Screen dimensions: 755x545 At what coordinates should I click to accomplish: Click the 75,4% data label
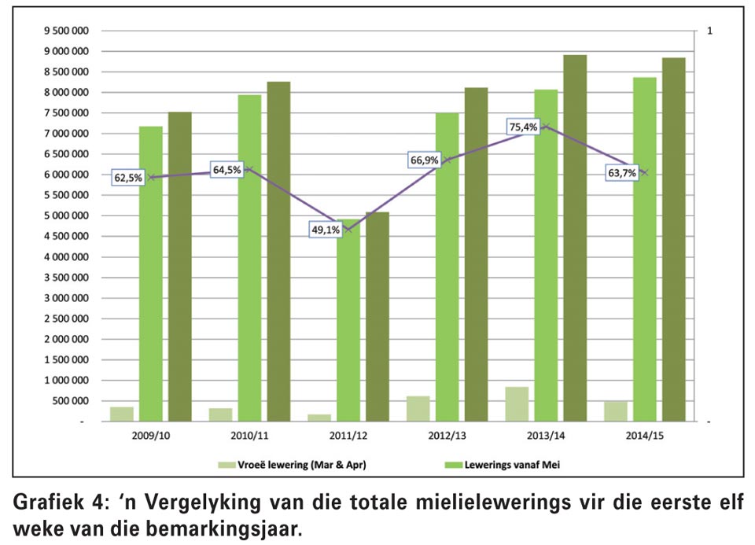coord(524,127)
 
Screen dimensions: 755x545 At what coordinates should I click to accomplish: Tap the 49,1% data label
coord(326,230)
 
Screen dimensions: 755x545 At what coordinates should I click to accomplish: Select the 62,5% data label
coord(128,178)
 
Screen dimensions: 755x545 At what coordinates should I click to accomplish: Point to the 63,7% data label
coord(622,173)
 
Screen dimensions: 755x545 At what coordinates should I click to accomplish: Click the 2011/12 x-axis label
coord(348,436)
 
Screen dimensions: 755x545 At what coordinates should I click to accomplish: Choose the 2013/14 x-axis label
coord(546,436)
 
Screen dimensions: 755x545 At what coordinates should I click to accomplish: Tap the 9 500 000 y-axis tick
coord(66,31)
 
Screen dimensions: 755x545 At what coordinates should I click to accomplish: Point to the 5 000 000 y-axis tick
coord(66,215)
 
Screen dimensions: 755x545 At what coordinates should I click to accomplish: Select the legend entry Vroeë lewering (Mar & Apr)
coord(292,465)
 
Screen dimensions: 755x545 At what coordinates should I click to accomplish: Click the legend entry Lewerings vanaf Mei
coord(503,465)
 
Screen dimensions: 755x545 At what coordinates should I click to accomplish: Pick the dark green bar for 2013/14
coord(576,238)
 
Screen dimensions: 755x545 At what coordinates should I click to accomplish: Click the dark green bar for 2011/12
coord(377,317)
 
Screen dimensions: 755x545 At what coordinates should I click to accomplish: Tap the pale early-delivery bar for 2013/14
coord(517,404)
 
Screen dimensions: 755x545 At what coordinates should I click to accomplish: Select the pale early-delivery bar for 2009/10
coord(122,414)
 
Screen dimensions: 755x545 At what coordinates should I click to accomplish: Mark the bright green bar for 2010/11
coord(249,258)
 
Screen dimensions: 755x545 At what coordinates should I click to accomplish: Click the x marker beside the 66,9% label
coord(447,160)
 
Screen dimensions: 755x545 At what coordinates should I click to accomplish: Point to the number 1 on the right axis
coord(709,31)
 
